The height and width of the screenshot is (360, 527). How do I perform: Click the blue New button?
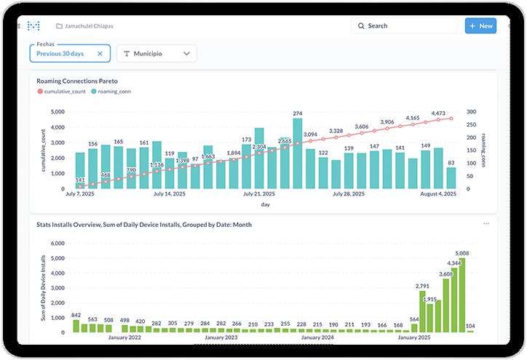(x=480, y=25)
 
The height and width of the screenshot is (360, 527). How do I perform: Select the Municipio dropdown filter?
(x=156, y=54)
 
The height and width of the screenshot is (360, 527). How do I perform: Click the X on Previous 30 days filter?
(x=100, y=54)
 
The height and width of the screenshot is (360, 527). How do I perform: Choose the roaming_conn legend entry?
(x=116, y=92)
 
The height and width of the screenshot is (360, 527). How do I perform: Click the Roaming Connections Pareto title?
(x=77, y=81)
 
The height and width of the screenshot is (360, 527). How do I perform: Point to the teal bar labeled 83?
(x=451, y=178)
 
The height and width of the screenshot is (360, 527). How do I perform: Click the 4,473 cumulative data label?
(x=438, y=113)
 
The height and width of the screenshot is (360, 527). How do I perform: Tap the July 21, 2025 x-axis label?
(x=259, y=194)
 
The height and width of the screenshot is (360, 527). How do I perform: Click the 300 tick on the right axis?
(x=472, y=112)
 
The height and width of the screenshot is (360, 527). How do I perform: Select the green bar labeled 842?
(x=76, y=328)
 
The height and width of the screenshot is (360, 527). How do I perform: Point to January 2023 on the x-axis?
(x=221, y=337)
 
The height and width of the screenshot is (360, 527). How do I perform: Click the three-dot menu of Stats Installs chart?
(x=486, y=224)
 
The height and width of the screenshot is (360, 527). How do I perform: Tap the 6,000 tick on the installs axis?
(x=58, y=258)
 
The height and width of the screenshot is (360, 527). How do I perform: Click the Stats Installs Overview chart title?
(x=144, y=225)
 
